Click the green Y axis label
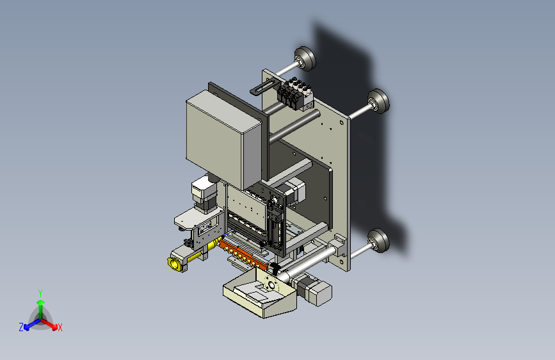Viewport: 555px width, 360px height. (x=40, y=293)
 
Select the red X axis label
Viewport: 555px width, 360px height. (x=60, y=327)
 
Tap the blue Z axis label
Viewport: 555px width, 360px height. (x=21, y=327)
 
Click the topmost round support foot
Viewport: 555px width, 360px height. (x=305, y=59)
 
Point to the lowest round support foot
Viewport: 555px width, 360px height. (x=378, y=241)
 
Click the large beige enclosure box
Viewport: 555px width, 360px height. (x=224, y=138)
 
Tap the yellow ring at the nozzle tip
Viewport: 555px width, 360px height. (x=173, y=263)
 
